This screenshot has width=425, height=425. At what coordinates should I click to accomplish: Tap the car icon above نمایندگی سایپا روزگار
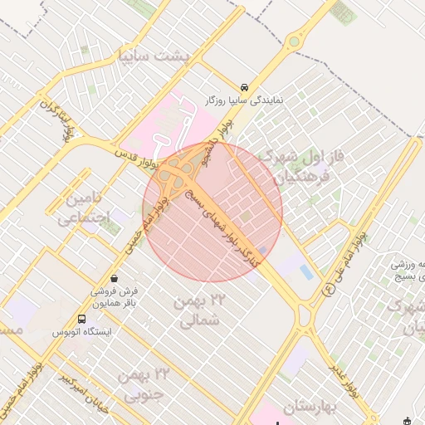pos(244,86)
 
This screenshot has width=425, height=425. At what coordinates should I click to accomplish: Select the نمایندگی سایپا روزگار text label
pos(245,100)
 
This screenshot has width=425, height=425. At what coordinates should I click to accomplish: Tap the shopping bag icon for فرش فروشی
pos(114,277)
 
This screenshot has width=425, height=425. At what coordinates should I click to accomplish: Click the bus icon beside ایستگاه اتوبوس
pos(81,319)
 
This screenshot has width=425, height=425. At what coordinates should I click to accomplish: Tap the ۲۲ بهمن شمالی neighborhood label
pos(200,310)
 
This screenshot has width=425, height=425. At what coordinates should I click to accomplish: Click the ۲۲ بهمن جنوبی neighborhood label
pos(143,384)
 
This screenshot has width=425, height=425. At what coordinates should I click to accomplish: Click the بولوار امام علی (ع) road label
pos(349,262)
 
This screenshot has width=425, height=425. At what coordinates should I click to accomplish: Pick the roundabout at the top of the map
pos(294,42)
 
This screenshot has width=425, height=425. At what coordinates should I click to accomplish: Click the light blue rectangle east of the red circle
pos(305,271)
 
